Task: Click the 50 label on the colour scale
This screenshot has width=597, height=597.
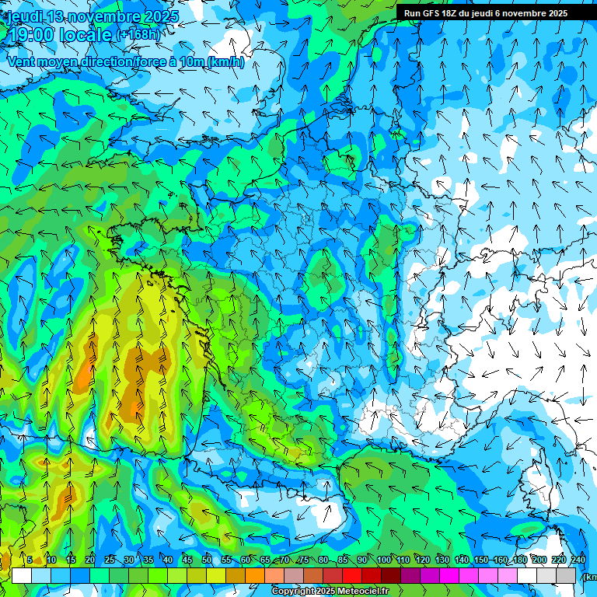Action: [207, 560]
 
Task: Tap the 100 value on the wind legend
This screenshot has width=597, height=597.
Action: [384, 560]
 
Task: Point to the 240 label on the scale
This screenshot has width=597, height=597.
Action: [578, 560]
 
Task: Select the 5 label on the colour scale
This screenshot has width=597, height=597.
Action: [30, 560]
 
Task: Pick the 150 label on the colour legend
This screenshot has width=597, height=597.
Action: [481, 560]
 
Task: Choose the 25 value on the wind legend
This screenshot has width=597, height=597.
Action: [110, 560]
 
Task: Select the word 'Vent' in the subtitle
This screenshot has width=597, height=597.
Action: [21, 62]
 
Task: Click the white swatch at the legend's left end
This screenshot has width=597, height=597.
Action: [22, 576]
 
